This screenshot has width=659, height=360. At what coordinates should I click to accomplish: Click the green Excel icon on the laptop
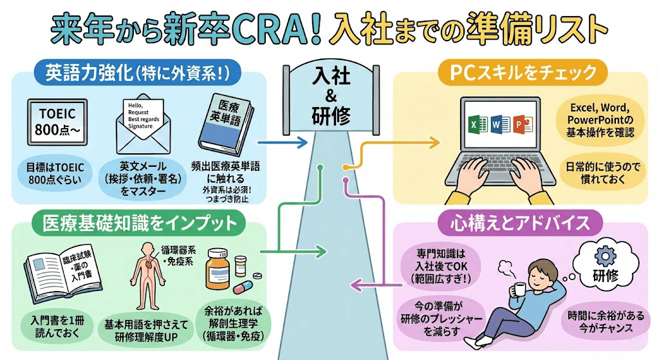tap(474, 124)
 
